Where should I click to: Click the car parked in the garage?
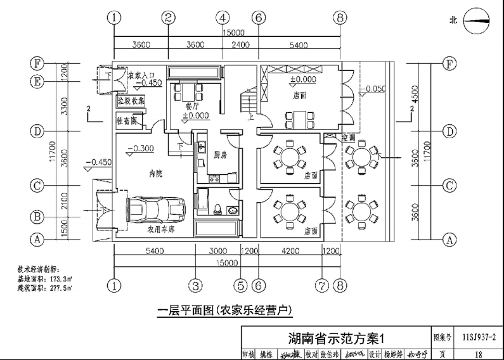pos(156,208)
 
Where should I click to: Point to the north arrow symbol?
pos(479,20)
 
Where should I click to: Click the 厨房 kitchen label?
pos(221,154)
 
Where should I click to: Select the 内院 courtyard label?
pos(155,173)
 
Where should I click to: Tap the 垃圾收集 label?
pos(131,100)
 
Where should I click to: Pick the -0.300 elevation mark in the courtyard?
pos(140,149)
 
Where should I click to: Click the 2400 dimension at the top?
pos(240,44)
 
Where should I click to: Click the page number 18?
pos(479,354)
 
